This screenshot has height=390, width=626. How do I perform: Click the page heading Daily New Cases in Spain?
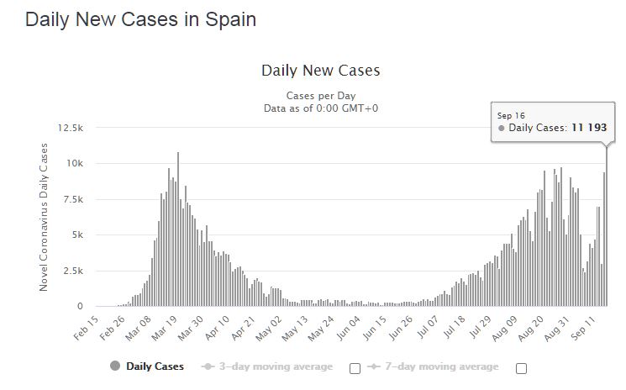[140, 19]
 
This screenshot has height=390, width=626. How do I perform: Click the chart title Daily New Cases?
[320, 71]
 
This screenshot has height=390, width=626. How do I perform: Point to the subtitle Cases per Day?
[320, 96]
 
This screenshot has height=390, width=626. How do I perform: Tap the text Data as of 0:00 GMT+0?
[320, 108]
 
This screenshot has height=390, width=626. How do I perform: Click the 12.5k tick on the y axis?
[71, 128]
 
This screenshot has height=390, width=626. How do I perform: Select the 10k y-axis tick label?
[75, 163]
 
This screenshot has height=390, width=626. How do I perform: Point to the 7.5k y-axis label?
[73, 199]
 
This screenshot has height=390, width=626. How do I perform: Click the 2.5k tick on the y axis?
[73, 271]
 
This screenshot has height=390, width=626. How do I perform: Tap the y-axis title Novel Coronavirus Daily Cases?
[44, 217]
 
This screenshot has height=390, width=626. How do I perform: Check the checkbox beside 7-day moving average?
[521, 368]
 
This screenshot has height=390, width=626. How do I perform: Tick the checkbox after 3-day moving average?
[355, 368]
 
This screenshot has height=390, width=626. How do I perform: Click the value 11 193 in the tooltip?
[589, 128]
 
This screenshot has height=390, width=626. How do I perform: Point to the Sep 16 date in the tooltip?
[511, 115]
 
